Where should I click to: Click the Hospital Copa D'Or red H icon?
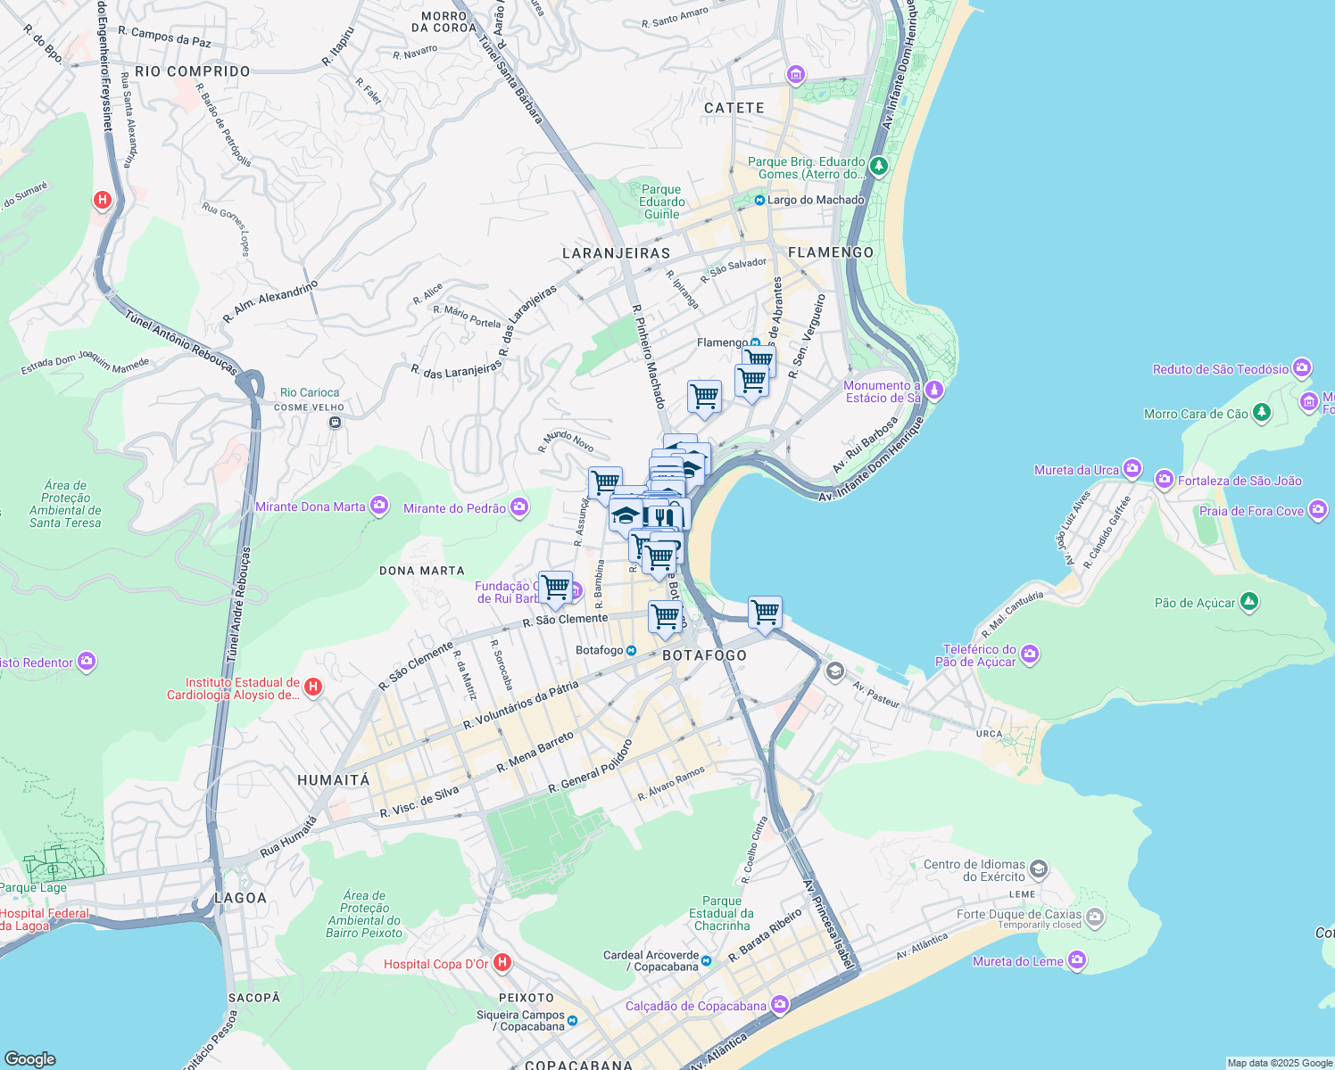(x=502, y=962)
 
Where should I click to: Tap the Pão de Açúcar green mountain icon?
(x=1249, y=603)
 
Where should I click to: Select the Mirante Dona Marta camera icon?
(x=379, y=506)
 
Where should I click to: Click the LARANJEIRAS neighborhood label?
(x=616, y=253)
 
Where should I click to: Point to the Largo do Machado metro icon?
(x=759, y=200)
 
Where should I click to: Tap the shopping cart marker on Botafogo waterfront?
(x=765, y=613)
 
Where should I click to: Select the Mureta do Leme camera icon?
(x=1077, y=960)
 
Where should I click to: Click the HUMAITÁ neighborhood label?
(x=333, y=780)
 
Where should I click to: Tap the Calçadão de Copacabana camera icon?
(x=780, y=1005)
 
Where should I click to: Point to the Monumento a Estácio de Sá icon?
(x=933, y=390)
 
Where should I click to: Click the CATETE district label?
(x=734, y=108)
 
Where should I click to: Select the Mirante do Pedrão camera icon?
(x=519, y=507)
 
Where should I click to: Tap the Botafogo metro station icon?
(x=631, y=650)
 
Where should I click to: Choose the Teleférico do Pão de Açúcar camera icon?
(x=1029, y=654)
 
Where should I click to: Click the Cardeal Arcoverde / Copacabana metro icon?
(x=706, y=960)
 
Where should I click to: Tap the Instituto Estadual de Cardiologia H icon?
(x=312, y=687)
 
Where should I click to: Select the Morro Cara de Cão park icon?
(x=1261, y=412)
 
